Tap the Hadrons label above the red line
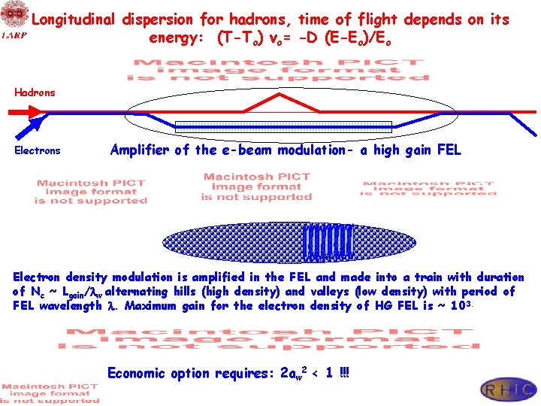[35, 92]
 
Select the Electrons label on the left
[38, 150]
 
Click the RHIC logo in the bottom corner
[509, 389]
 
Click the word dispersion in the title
[157, 20]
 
